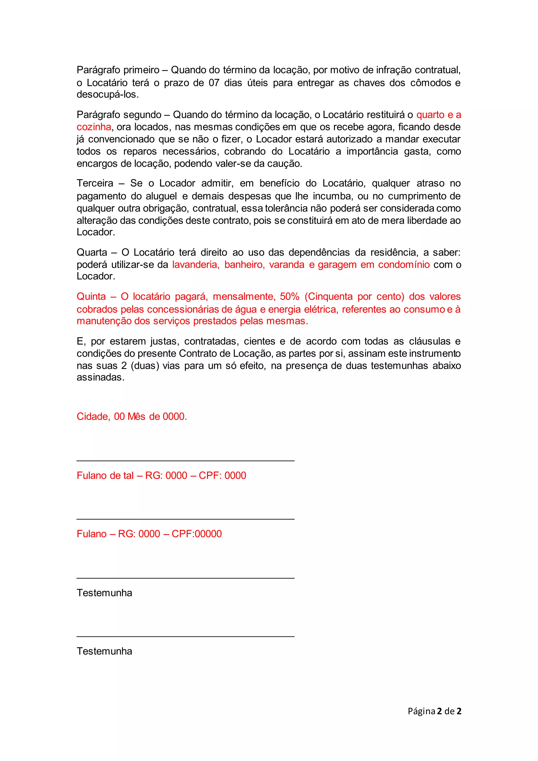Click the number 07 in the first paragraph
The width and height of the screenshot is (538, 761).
coord(214,83)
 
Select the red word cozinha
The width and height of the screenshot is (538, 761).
coord(94,127)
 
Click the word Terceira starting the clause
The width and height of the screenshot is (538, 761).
coord(95,183)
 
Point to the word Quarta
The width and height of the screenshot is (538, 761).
coord(92,252)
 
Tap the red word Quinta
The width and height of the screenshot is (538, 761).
coord(91,296)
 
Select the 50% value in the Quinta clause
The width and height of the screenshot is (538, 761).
coord(289,296)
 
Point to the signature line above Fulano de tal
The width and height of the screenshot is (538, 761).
coord(185,461)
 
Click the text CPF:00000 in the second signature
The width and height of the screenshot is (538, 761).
coord(197,534)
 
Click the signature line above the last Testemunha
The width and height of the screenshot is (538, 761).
coord(185,636)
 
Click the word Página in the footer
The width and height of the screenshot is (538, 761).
coord(421,711)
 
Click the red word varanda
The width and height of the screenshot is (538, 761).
coord(287,265)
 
